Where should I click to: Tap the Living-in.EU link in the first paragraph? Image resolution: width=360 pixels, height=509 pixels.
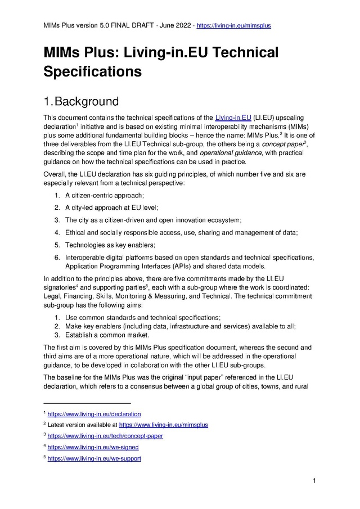point(233,118)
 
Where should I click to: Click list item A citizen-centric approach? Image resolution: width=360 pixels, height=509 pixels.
point(105,195)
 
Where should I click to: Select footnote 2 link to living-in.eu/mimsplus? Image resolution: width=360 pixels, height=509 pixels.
point(163,425)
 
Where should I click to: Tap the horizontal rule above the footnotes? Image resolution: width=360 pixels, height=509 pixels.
point(87,403)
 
